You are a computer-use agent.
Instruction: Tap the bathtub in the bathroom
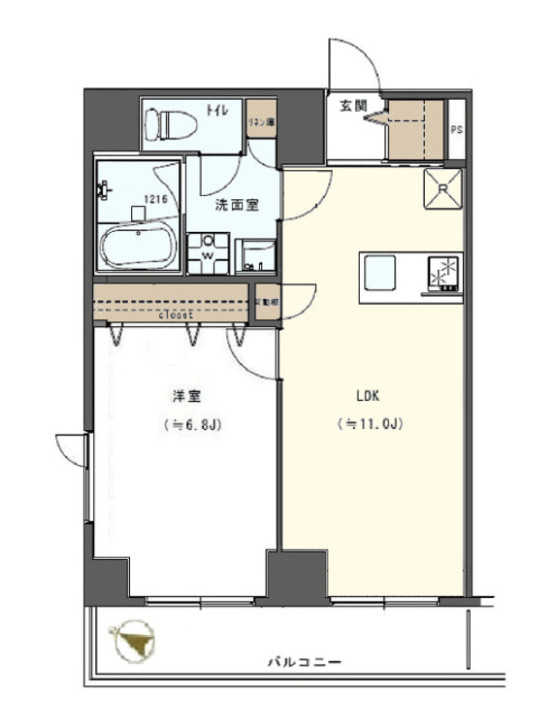[139, 244]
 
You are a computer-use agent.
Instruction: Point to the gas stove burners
[443, 272]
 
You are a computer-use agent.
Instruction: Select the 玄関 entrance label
[351, 107]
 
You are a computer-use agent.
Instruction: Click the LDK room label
[368, 396]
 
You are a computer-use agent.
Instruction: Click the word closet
[175, 315]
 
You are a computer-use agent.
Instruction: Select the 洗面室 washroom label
[236, 206]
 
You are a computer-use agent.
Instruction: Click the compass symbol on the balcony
[133, 641]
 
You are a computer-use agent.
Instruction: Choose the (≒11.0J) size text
[369, 424]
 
